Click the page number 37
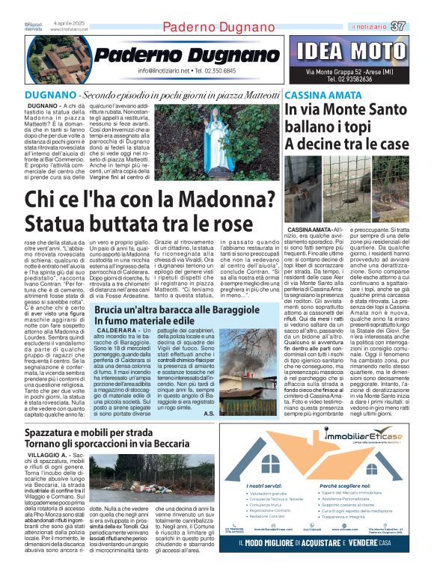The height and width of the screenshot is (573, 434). pos(399,27)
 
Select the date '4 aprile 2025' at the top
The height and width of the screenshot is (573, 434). pos(67,23)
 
